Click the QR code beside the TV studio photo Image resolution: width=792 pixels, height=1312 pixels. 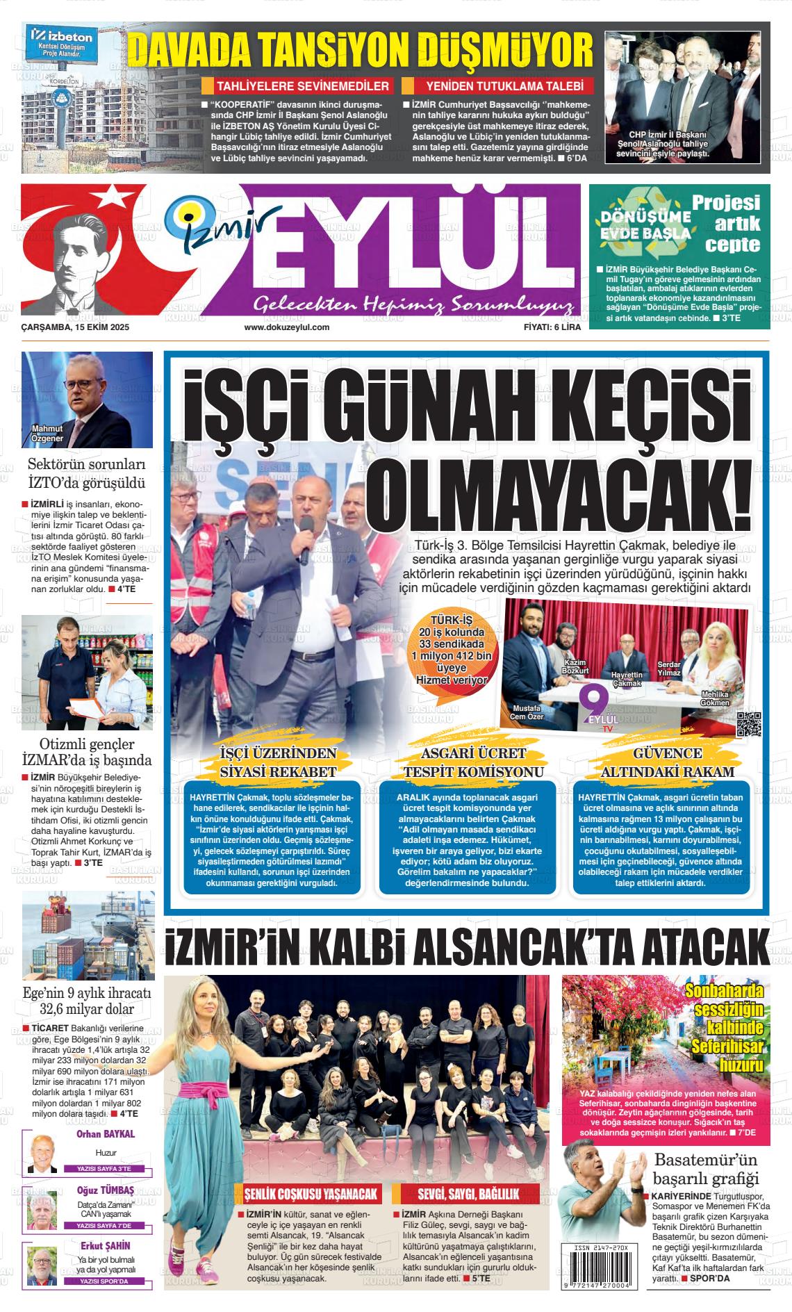click(x=749, y=723)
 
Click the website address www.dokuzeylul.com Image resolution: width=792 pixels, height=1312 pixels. click(x=286, y=327)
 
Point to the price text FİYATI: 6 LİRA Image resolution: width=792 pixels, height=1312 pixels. click(x=552, y=327)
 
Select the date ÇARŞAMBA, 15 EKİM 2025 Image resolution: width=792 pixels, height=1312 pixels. click(x=76, y=327)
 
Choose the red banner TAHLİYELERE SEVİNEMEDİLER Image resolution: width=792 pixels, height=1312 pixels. click(x=297, y=86)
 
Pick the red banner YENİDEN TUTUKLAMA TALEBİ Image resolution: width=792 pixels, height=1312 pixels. click(x=498, y=86)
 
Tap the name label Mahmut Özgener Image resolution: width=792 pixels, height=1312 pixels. click(x=47, y=434)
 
